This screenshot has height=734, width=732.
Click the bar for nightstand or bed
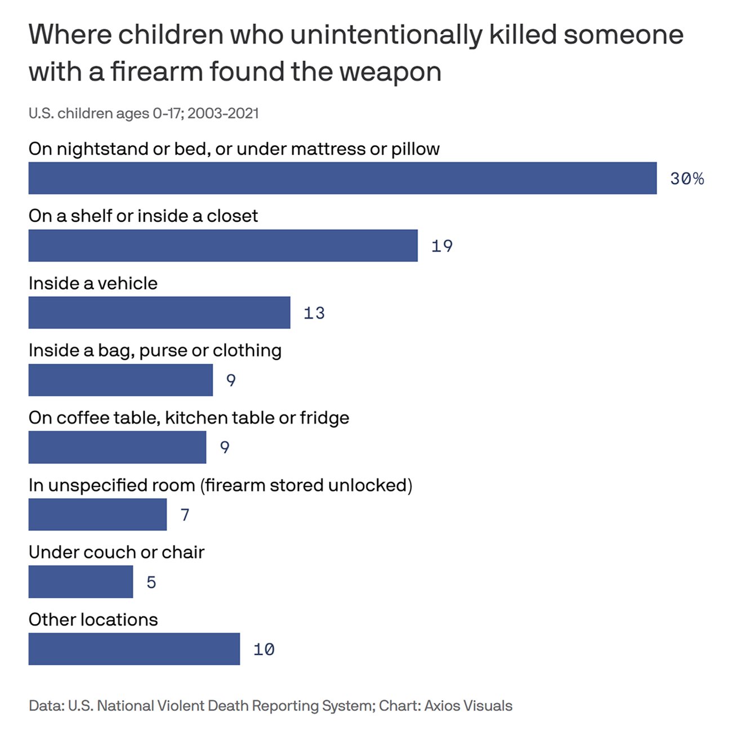click(x=342, y=178)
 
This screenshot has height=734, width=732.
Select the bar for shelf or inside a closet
click(x=223, y=245)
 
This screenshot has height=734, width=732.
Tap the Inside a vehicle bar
click(x=159, y=312)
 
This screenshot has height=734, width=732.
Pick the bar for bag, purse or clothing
click(x=120, y=380)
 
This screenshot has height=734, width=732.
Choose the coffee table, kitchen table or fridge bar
click(x=117, y=447)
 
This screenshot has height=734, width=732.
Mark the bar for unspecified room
click(x=97, y=514)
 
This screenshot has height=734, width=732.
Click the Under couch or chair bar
click(x=81, y=581)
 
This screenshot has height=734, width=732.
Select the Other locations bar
click(x=134, y=649)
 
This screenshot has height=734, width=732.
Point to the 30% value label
click(x=687, y=179)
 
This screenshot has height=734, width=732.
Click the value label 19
click(x=442, y=246)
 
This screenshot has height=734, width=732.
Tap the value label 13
click(x=314, y=313)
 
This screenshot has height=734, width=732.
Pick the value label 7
click(x=185, y=515)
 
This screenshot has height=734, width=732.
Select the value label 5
click(x=151, y=582)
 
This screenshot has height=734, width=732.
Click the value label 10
click(x=264, y=650)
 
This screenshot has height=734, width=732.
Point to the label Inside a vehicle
click(x=93, y=283)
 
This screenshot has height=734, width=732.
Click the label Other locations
click(x=93, y=619)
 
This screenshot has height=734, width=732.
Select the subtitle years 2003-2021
click(x=223, y=113)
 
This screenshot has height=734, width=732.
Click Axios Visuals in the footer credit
click(x=468, y=706)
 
